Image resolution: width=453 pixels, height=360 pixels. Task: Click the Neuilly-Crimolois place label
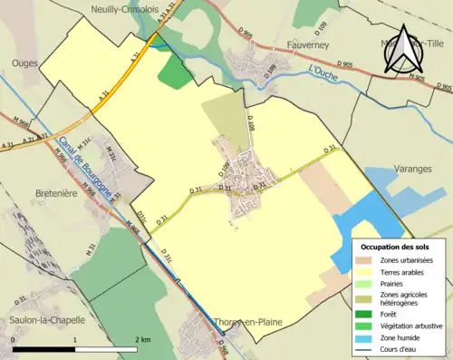[123, 9]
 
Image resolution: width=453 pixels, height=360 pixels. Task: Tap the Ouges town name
[24, 63]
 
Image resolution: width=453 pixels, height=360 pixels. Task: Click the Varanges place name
[415, 170]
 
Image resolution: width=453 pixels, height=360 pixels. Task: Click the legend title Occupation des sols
[395, 247]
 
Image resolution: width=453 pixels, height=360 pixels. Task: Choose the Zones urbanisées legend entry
[407, 260]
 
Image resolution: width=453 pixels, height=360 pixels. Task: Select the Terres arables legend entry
[401, 272]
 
